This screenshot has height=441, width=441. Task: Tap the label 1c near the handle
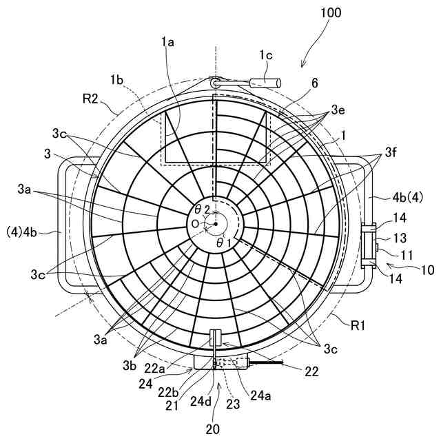[x=265, y=54]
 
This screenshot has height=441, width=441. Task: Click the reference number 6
[x=314, y=83]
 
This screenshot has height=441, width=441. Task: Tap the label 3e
[x=338, y=110]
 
